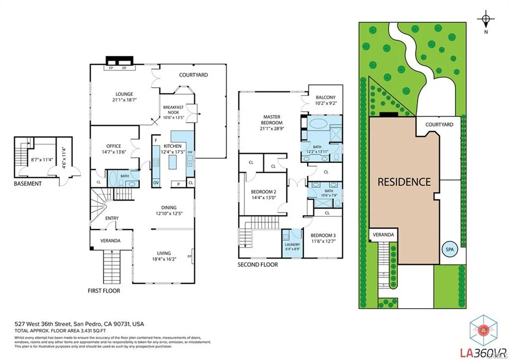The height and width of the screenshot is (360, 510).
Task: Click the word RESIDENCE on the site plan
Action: click(x=404, y=182)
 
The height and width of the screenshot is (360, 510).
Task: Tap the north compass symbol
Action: click(x=486, y=20)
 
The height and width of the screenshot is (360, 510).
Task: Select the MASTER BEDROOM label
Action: click(x=272, y=120)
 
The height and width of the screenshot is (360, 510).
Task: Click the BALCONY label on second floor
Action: click(x=326, y=98)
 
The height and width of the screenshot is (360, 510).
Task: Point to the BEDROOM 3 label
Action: click(x=323, y=236)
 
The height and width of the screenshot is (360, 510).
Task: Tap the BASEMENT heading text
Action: click(x=27, y=184)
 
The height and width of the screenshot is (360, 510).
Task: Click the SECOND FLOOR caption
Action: click(x=257, y=264)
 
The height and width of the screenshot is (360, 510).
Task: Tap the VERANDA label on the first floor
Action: click(x=110, y=240)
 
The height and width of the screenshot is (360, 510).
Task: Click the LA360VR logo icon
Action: click(x=482, y=330)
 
